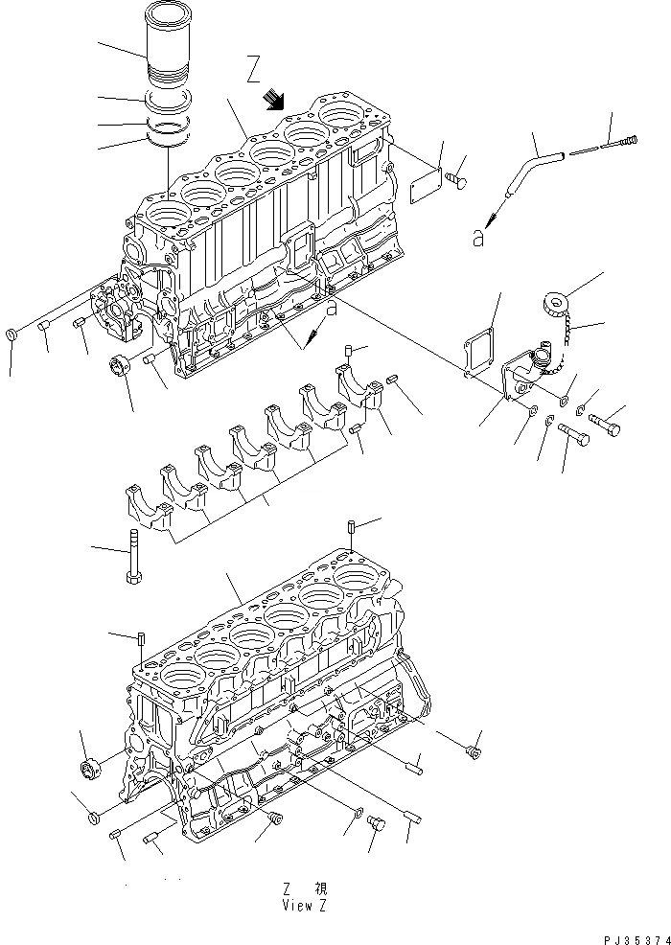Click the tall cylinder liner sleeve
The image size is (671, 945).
[x=168, y=48]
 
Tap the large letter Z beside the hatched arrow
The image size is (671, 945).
[x=254, y=70]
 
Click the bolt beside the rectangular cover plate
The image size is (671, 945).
[x=457, y=180]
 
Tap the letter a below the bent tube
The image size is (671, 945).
[x=477, y=240]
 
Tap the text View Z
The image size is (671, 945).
[x=307, y=905]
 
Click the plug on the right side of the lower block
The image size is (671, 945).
[x=473, y=753]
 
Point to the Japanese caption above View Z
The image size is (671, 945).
[x=307, y=889]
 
